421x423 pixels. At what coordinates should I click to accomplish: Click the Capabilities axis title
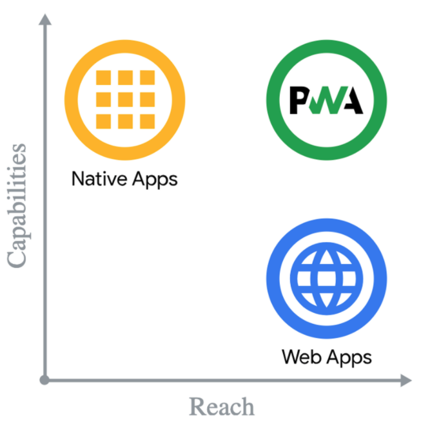[x=17, y=205]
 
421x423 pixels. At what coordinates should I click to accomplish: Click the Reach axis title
[x=221, y=406]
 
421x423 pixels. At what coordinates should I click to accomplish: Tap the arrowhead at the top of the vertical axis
[x=44, y=21]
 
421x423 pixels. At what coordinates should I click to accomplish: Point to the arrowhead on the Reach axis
[x=405, y=380]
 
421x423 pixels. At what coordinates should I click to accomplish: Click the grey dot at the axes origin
[x=44, y=380]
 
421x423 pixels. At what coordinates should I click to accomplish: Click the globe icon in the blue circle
[x=326, y=277]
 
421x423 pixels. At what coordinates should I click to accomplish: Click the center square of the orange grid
[x=125, y=99]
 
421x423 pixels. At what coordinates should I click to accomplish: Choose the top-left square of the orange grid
[x=103, y=78]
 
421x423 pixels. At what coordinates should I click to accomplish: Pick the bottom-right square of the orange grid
[x=147, y=120]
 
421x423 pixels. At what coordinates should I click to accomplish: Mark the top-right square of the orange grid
[x=147, y=78]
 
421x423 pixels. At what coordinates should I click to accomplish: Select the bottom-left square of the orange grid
[x=103, y=120]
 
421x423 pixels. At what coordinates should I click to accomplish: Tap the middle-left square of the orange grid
[x=103, y=99]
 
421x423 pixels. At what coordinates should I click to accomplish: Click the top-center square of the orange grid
[x=125, y=78]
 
